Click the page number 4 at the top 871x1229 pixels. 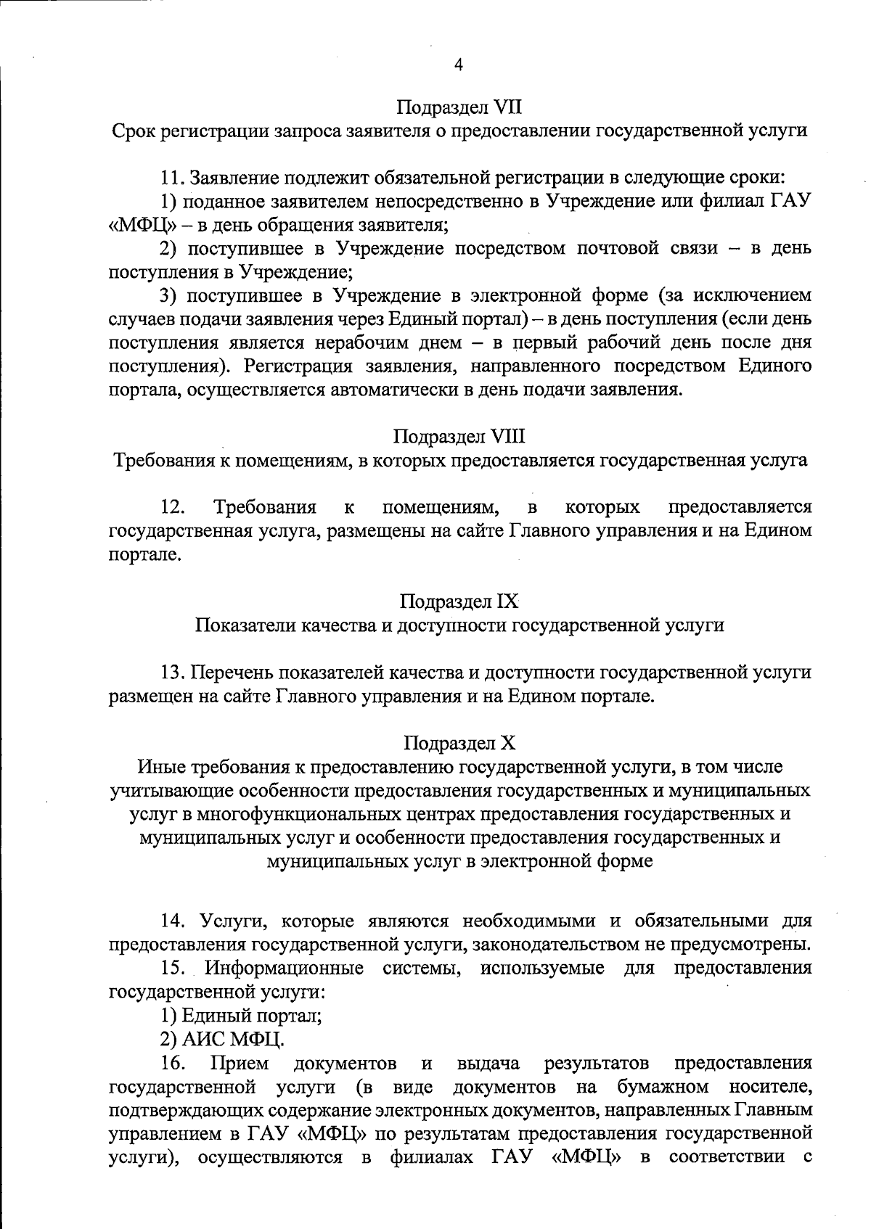pyautogui.click(x=458, y=65)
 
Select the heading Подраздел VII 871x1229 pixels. pyautogui.click(x=459, y=108)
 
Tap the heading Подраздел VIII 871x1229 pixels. pyautogui.click(x=459, y=437)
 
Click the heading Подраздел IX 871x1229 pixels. pyautogui.click(x=459, y=601)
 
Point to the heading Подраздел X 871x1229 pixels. pyautogui.click(x=459, y=743)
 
